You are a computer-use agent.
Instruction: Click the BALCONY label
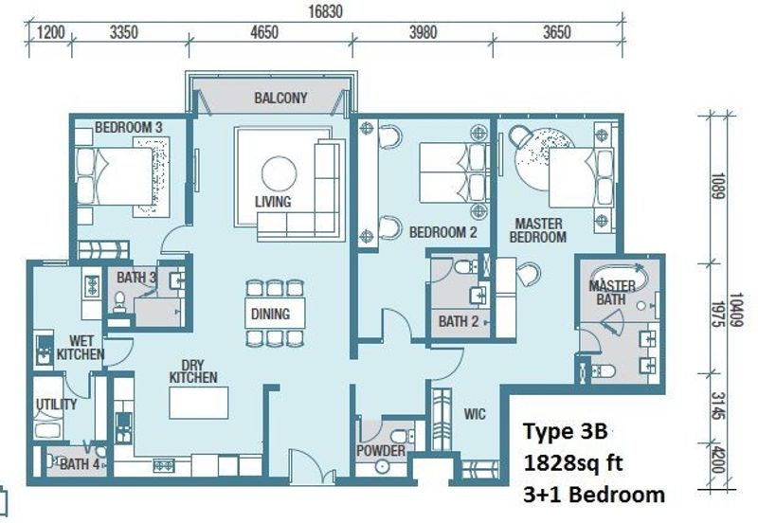pyautogui.click(x=280, y=99)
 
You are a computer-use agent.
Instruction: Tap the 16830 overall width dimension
pyautogui.click(x=325, y=11)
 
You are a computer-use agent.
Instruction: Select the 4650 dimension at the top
pyautogui.click(x=264, y=32)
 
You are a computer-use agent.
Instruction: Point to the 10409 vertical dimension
pyautogui.click(x=736, y=310)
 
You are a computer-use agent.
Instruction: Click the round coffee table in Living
pyautogui.click(x=279, y=174)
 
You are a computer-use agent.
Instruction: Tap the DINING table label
pyautogui.click(x=270, y=315)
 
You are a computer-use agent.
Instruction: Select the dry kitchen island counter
pyautogui.click(x=199, y=402)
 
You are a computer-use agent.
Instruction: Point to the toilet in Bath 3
pyautogui.click(x=119, y=301)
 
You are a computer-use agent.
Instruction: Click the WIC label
pyautogui.click(x=475, y=414)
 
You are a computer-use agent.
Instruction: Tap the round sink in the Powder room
pyautogui.click(x=382, y=466)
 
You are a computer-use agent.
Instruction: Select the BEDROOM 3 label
pyautogui.click(x=129, y=128)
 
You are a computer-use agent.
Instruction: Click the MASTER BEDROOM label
pyautogui.click(x=538, y=230)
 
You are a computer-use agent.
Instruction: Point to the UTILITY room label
pyautogui.click(x=56, y=404)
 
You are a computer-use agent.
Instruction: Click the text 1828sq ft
pyautogui.click(x=573, y=463)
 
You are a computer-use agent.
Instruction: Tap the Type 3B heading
pyautogui.click(x=565, y=431)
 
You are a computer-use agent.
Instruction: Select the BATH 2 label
pyautogui.click(x=459, y=321)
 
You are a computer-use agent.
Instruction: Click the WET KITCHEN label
pyautogui.click(x=81, y=348)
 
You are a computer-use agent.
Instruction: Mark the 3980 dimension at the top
pyautogui.click(x=423, y=32)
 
